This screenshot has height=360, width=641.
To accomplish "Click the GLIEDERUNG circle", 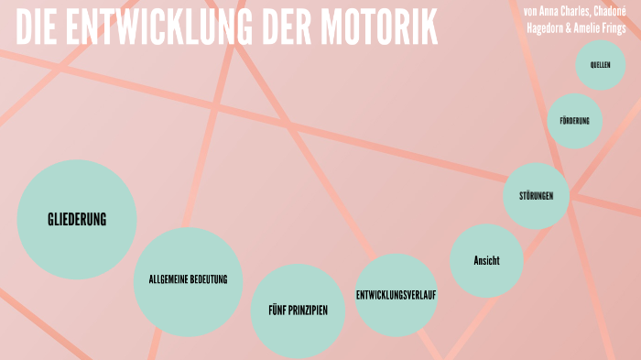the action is pos(77,219).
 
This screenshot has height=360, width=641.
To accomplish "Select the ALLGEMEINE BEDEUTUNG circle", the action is pos(188,280).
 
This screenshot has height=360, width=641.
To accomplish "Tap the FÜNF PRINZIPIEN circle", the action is pos(298,311).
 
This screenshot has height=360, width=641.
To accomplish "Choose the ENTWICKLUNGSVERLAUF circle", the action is pos(396,295).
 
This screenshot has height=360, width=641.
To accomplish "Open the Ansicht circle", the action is pos(486,261).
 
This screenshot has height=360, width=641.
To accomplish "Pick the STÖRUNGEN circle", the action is pos(537,196).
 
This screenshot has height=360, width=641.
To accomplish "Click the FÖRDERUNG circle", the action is pos(575,121).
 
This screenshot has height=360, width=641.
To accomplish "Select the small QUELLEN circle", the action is pos(601,65).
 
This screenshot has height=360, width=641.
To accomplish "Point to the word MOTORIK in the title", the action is pos(379,29).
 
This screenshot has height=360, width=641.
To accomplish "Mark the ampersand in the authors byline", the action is pos(579,27).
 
